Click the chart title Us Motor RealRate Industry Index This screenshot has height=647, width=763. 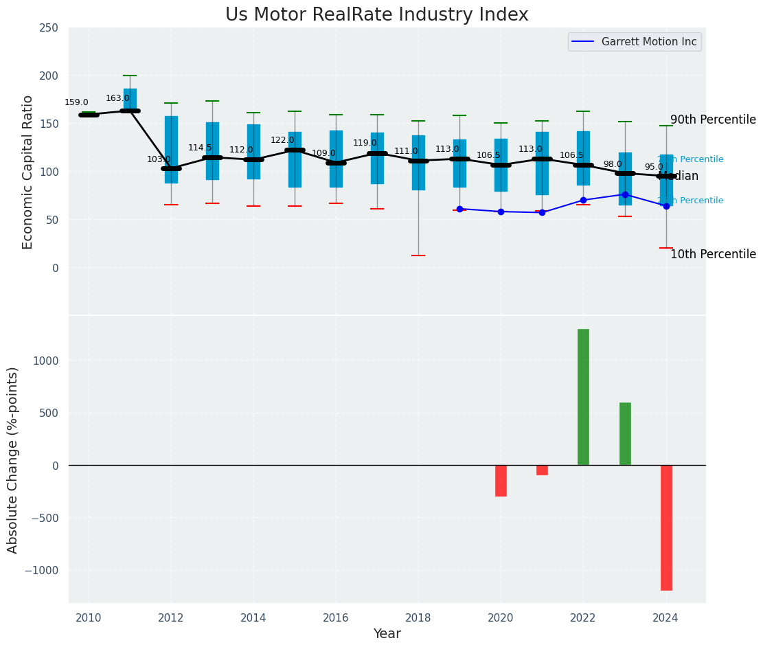[x=376, y=15]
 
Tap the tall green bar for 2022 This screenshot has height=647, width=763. [x=583, y=397]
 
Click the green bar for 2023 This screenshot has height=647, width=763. [x=625, y=433]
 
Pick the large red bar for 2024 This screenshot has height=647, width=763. [x=666, y=527]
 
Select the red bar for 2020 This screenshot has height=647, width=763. [x=501, y=481]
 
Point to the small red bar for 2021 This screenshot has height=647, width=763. [x=542, y=470]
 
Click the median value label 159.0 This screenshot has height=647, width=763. [x=76, y=102]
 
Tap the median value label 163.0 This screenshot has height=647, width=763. [x=117, y=98]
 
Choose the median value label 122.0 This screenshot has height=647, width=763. [x=282, y=140]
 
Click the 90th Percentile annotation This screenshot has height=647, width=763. [x=713, y=120]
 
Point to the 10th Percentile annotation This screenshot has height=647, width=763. [x=713, y=254]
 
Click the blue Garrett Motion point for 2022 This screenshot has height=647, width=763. [x=583, y=201]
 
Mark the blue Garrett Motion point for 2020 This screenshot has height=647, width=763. [x=501, y=212]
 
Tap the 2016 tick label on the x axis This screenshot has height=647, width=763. [x=336, y=618]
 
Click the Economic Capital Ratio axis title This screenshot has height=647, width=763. [x=28, y=172]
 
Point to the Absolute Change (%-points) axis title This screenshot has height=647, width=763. [x=13, y=459]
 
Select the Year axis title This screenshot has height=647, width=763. [x=387, y=634]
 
